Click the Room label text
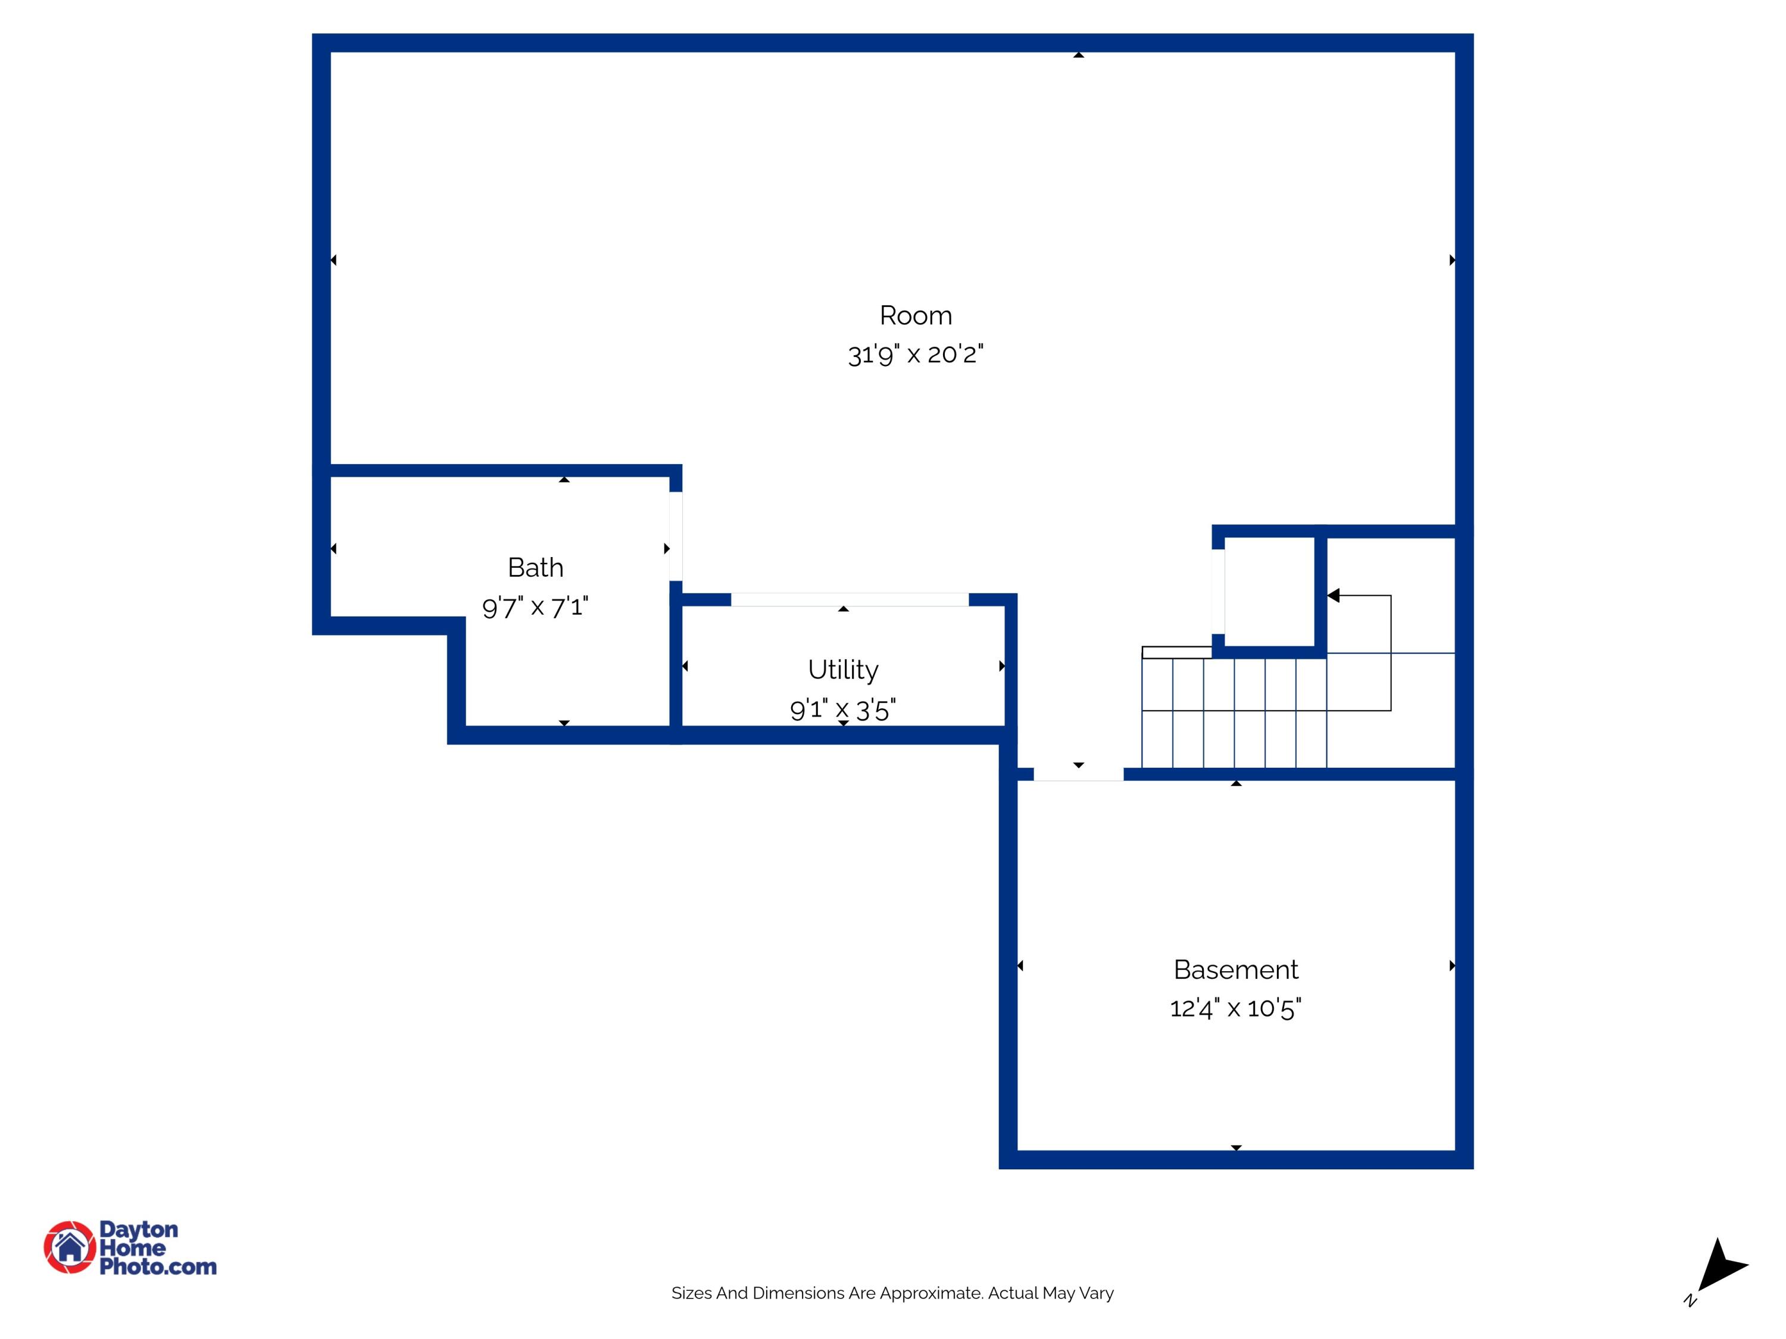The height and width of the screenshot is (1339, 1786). (x=916, y=315)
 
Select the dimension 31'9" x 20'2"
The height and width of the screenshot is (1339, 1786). (x=916, y=354)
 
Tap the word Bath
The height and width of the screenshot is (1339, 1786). (x=535, y=567)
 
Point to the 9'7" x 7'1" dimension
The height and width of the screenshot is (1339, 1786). (x=535, y=607)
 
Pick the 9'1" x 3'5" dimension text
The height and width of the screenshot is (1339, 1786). (x=843, y=709)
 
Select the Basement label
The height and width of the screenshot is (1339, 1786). (x=1235, y=969)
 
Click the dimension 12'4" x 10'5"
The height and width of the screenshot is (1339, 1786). (x=1235, y=1008)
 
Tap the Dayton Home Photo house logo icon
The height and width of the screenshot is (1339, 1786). (x=70, y=1247)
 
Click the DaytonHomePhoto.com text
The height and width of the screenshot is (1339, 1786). (x=157, y=1248)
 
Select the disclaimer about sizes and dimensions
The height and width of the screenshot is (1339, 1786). (x=892, y=1293)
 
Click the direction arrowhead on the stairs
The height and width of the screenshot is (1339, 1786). (x=1333, y=596)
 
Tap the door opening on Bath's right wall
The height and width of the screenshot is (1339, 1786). (x=676, y=536)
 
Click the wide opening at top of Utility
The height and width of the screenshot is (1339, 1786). (x=850, y=600)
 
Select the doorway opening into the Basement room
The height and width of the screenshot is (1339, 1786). (x=1078, y=774)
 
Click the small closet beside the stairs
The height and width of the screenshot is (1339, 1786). (x=1269, y=591)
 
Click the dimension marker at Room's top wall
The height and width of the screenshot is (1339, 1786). (x=1078, y=55)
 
